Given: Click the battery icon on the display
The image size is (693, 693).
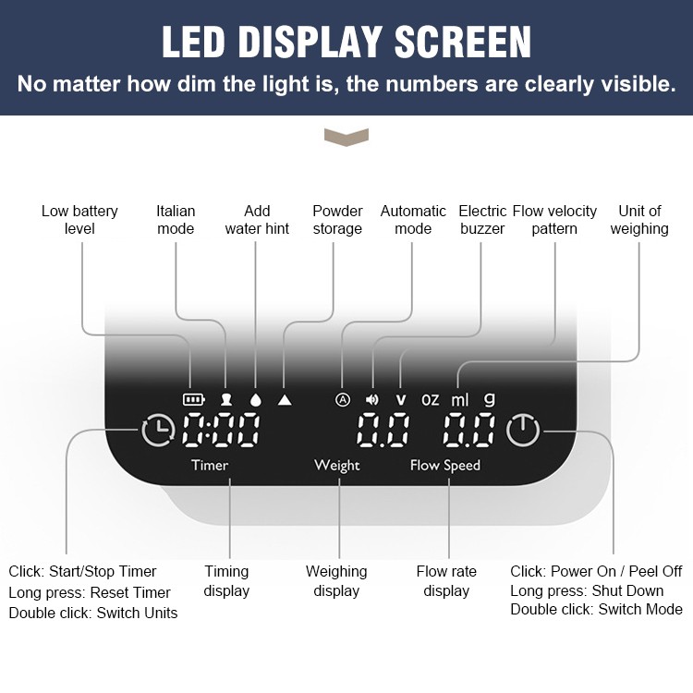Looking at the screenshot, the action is point(194,399).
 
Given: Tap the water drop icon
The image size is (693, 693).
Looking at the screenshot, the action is point(256,399).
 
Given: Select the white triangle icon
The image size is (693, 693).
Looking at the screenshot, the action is point(285,399).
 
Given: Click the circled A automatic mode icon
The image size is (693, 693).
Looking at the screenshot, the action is point(343,399).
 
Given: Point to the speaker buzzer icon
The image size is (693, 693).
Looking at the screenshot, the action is point(372,399).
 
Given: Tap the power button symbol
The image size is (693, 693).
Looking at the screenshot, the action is point(523,430).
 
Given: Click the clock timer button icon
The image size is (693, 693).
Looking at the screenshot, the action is point(158,430).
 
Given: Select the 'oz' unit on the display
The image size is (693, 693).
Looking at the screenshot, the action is point(430,400).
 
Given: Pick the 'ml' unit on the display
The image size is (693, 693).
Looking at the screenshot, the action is point(459,399).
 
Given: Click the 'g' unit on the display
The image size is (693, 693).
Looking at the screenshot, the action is point(489,399).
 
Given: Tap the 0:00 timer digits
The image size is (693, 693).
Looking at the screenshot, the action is point(221,430).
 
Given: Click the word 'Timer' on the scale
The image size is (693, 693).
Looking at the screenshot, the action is point(210,465).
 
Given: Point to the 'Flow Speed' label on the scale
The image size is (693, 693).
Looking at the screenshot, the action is point(445,466).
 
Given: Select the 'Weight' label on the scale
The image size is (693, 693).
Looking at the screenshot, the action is point(336,466).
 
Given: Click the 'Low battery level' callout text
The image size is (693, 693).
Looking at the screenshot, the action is point(79,220).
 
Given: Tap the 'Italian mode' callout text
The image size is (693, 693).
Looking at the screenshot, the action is point(176,220).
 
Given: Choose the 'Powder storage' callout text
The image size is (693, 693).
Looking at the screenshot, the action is point(337,220).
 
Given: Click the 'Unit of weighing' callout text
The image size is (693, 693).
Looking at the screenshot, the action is point(639,220).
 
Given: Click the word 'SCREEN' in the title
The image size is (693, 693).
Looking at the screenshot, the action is point(462,42).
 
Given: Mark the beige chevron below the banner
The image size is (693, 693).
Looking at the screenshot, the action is point(346,138).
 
